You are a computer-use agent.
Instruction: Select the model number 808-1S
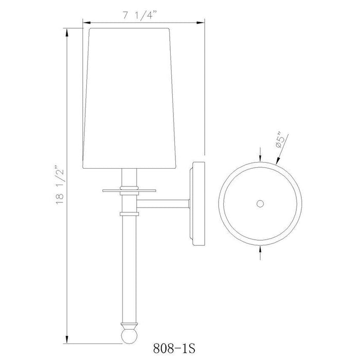coord(174,348)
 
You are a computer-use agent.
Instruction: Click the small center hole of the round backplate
coord(260,204)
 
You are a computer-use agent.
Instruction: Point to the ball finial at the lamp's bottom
coord(129,336)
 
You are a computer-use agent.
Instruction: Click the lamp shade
coord(129,98)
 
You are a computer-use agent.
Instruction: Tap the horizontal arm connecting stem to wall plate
coord(163,204)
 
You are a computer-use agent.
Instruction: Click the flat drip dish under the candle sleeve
coord(129,190)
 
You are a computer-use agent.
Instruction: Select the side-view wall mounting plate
coord(197,204)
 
